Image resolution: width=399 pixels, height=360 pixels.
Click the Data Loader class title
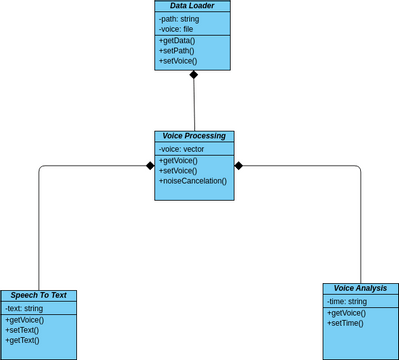[x=192, y=6]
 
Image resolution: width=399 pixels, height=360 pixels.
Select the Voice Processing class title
[x=194, y=136]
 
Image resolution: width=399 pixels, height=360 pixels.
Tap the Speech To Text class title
[x=39, y=295]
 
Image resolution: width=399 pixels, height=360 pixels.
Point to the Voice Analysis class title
[x=360, y=288]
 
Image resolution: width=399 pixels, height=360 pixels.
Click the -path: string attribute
[x=179, y=18]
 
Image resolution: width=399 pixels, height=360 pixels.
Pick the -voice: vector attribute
[x=181, y=149]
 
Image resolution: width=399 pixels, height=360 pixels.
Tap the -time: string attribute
[x=347, y=301]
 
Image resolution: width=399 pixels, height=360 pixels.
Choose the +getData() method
[x=177, y=41]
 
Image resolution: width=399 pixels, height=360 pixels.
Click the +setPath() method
[x=177, y=51]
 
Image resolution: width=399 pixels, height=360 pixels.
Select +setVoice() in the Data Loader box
[x=178, y=61]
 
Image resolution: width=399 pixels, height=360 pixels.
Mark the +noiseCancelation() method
[x=193, y=181]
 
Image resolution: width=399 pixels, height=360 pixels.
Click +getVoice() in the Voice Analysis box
[x=347, y=313]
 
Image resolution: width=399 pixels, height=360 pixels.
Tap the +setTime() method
[x=346, y=323]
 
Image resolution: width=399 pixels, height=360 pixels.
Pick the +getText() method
[x=23, y=341]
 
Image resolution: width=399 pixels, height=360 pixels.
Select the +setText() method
[x=23, y=330]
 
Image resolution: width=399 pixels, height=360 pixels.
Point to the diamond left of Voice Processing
[x=149, y=165]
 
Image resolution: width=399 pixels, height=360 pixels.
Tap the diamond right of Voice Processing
[x=239, y=165]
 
